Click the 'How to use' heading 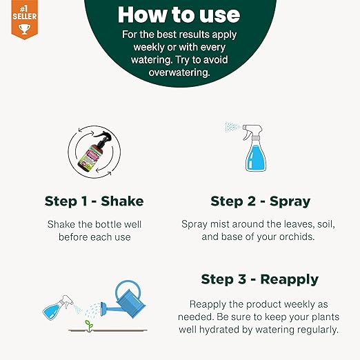click(x=179, y=14)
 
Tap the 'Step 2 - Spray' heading click(x=260, y=201)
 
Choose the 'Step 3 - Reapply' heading click(x=260, y=279)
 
